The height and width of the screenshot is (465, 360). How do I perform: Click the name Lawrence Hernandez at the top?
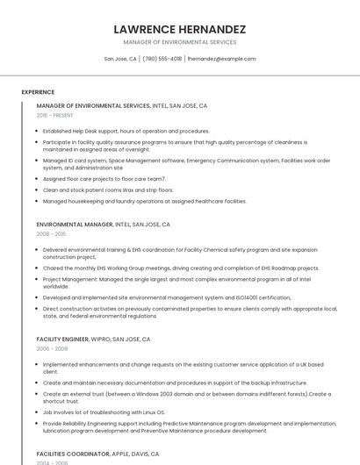coord(180,29)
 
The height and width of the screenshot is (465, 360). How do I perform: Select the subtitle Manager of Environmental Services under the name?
coord(180,42)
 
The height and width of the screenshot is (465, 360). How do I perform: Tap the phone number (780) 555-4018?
coord(162,59)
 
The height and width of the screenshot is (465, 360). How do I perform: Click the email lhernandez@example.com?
coord(221,59)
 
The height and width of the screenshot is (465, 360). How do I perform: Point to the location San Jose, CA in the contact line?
coord(120,59)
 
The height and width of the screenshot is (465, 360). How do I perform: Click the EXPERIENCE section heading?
coord(38,92)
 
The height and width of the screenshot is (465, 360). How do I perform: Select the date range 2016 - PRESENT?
coord(55,115)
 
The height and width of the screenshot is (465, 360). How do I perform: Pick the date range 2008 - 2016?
coord(52,234)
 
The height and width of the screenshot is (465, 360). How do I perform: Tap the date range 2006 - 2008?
coord(52,348)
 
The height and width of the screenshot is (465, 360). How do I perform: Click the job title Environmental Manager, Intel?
coord(97,225)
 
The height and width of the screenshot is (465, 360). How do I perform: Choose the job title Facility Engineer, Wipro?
coord(93,339)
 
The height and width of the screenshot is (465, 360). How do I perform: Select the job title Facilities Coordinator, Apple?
coord(97,454)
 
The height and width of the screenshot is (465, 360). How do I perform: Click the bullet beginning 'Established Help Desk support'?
coord(126,131)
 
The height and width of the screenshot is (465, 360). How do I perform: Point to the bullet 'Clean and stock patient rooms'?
coord(108,190)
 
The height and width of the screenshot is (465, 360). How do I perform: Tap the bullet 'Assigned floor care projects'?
coord(104,178)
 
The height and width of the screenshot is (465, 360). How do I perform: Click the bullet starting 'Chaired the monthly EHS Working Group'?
coord(181,268)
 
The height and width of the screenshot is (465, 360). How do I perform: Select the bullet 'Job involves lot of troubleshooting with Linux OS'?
coord(104,411)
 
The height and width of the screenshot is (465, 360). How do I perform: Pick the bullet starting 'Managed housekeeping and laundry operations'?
coord(144,201)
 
